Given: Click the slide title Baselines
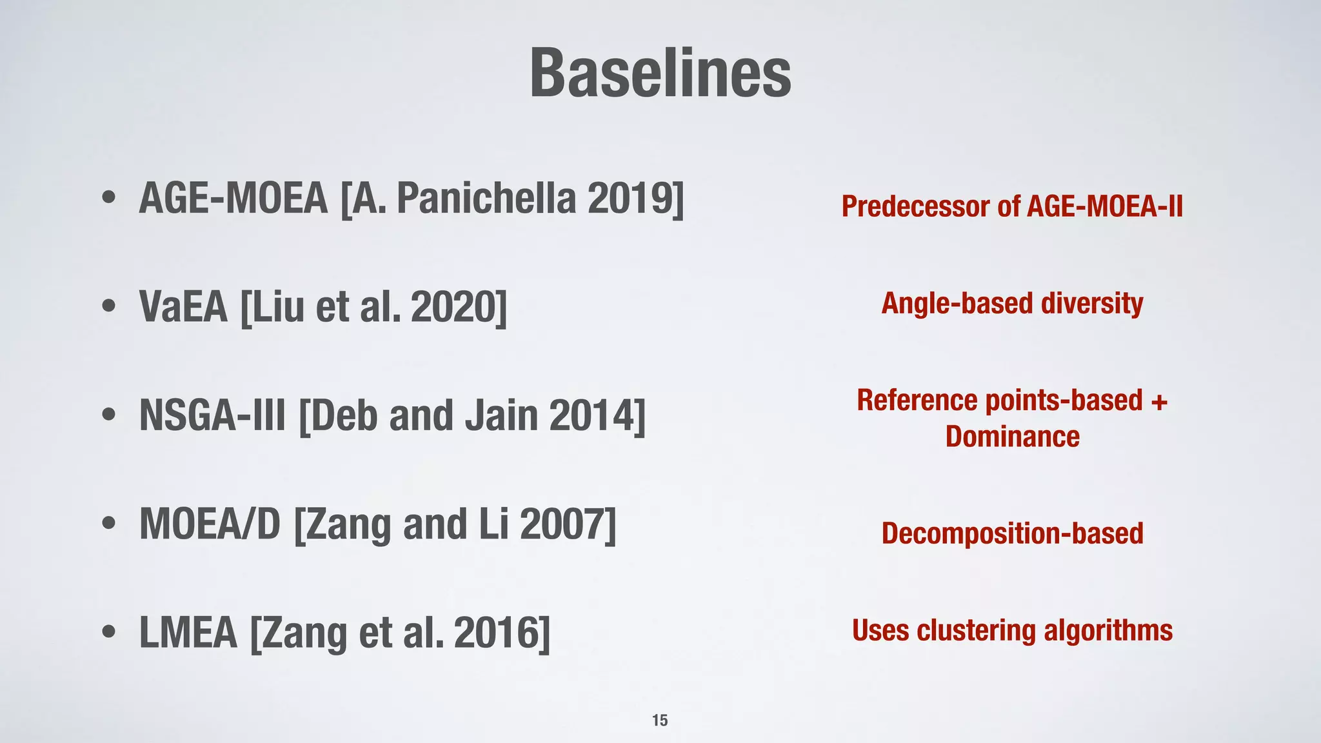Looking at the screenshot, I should (660, 74).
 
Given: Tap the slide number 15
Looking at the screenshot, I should (660, 720).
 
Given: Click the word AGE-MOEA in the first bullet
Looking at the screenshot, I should (233, 199).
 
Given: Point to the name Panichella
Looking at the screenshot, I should (486, 199).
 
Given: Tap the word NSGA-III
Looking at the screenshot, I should (212, 415).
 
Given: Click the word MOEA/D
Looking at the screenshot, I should (210, 524).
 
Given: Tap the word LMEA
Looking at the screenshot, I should (188, 633).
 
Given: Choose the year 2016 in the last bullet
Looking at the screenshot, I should (497, 633).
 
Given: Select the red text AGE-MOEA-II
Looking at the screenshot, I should (1104, 207).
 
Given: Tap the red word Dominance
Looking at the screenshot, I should (1012, 437).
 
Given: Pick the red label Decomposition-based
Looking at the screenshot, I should (1012, 534).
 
